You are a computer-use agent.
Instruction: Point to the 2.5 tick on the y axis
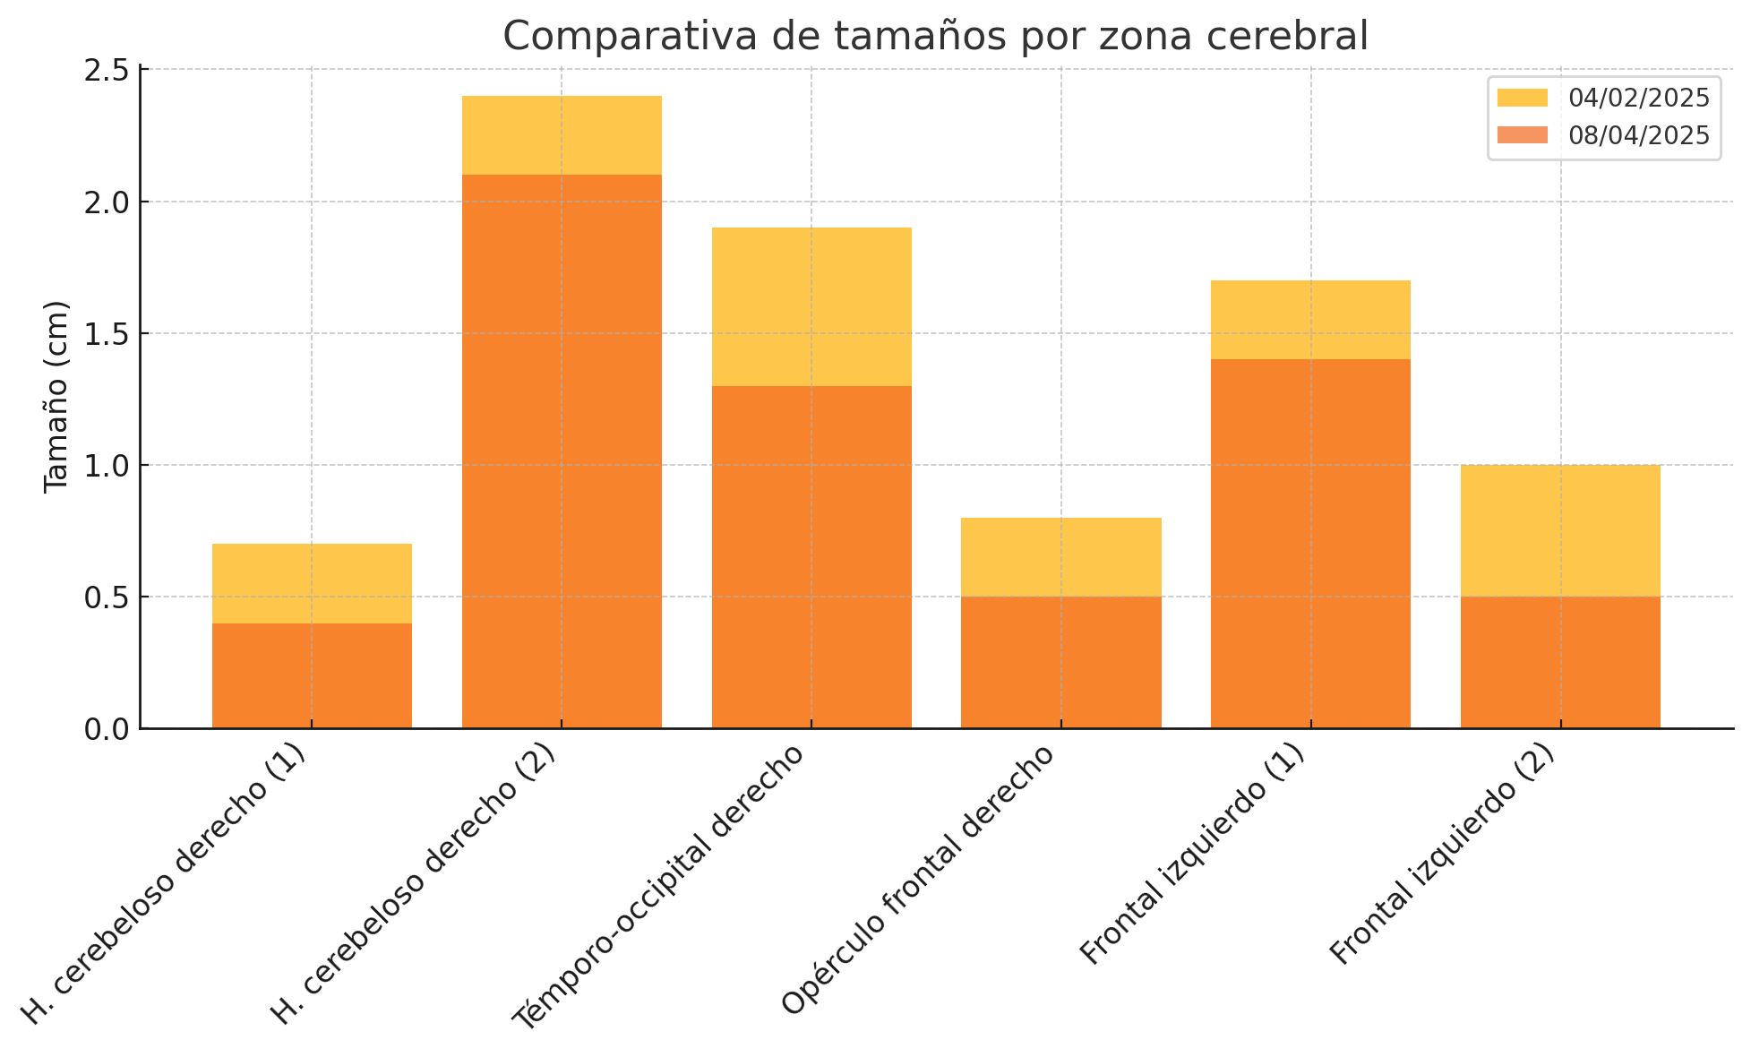[x=107, y=71]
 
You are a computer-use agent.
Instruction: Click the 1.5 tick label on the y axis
[x=107, y=334]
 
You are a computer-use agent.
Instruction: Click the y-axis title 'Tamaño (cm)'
[x=56, y=396]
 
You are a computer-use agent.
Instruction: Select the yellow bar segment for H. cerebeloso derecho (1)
[x=312, y=583]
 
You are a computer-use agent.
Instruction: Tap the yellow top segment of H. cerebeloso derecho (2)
[x=562, y=135]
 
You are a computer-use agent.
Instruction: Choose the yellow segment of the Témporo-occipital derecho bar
[x=811, y=306]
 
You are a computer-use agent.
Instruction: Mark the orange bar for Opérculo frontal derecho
[x=1061, y=662]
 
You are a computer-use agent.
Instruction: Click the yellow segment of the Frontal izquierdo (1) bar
[x=1310, y=320]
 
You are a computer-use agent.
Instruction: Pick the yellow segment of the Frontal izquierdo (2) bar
[x=1560, y=530]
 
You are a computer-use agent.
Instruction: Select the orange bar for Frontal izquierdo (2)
[x=1560, y=662]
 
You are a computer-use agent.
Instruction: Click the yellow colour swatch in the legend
[x=1523, y=98]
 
